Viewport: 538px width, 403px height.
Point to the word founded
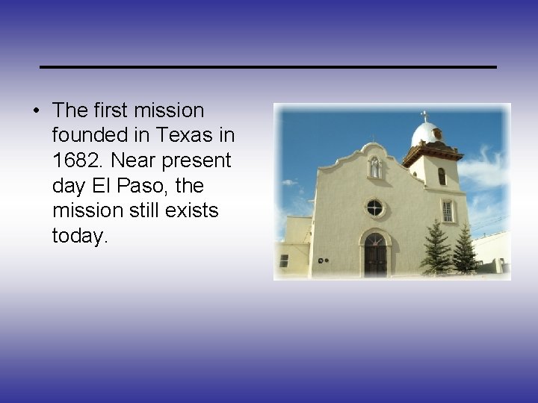point(90,135)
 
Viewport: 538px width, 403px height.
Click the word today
point(80,237)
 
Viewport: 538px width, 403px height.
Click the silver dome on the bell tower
point(427,134)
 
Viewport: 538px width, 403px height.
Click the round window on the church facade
point(374,207)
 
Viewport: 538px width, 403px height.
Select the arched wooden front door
point(374,255)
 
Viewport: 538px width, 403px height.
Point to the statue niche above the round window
point(374,167)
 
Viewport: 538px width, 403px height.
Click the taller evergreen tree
point(435,249)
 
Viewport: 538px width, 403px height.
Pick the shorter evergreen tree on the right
point(464,251)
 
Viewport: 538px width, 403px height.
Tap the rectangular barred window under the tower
point(448,211)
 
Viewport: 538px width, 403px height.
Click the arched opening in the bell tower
point(442,176)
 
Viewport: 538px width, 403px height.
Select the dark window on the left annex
point(284,260)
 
